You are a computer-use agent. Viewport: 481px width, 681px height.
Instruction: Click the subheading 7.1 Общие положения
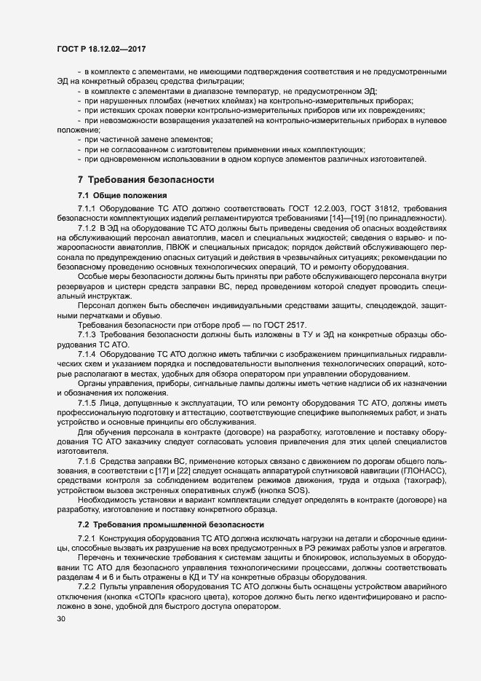pos(122,195)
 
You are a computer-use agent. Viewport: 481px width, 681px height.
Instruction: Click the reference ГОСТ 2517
pos(285,304)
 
